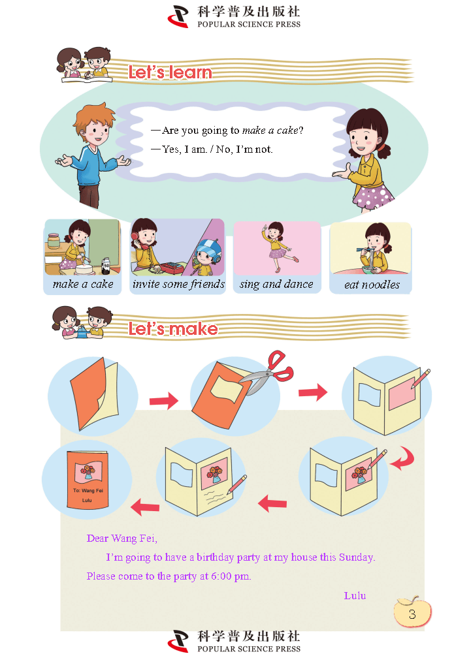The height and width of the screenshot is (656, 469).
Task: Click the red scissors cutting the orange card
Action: click(268, 372)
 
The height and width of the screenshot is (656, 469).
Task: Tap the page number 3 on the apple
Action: click(412, 614)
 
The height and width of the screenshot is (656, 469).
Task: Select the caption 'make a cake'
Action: click(83, 284)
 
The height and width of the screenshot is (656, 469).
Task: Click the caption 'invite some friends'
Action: click(178, 284)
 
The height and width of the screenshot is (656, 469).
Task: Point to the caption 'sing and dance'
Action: click(276, 285)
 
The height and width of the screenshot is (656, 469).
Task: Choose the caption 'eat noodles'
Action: click(372, 285)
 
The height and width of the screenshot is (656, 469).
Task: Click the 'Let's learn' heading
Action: click(170, 72)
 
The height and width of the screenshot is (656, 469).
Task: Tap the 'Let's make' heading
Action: click(173, 329)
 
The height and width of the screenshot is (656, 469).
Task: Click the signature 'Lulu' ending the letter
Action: click(355, 595)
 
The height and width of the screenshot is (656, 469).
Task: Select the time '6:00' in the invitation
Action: click(221, 576)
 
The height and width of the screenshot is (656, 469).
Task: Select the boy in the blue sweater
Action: click(93, 155)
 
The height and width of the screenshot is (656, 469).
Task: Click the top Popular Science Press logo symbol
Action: click(178, 16)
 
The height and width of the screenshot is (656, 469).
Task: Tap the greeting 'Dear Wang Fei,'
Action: click(122, 539)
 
